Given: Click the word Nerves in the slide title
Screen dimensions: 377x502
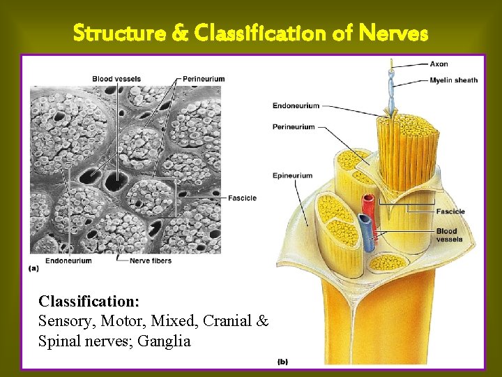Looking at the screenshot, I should [x=393, y=32].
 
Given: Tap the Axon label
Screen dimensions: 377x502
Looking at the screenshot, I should [x=439, y=64].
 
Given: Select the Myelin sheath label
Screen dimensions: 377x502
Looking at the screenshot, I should [x=454, y=80].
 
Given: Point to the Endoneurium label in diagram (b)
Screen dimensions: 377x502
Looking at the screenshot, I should [x=296, y=106].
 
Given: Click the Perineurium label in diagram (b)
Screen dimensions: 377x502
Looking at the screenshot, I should [x=294, y=127].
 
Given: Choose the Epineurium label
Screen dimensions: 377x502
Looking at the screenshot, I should [x=292, y=175].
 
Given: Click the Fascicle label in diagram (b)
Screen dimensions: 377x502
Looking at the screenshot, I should [x=450, y=212].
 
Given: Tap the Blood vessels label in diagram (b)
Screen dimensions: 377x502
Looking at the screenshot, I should [x=449, y=235].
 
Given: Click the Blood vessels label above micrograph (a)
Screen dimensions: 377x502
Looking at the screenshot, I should [x=116, y=79].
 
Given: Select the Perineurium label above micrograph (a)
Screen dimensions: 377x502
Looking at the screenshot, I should [x=204, y=79].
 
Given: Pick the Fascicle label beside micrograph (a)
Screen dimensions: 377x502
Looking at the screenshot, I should [x=242, y=198].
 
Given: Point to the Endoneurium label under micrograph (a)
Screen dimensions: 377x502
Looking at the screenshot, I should [x=68, y=261].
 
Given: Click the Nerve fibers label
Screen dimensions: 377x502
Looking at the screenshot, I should [x=151, y=261].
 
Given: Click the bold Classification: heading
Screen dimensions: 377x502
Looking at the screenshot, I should [x=89, y=302].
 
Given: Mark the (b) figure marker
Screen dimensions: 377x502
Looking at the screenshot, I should [x=282, y=362].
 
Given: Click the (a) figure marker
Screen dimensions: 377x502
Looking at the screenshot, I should [x=33, y=268].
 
